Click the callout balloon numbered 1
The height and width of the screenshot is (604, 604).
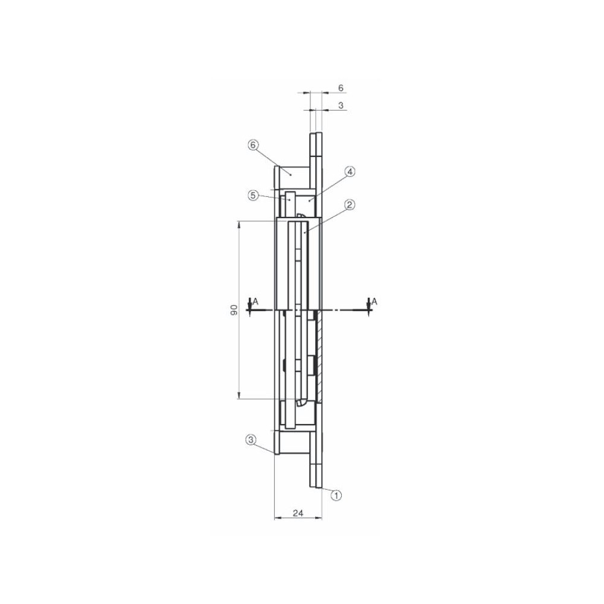coord(336,495)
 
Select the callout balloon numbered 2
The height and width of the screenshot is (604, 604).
coord(349,205)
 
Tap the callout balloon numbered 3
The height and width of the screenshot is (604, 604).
coord(251,440)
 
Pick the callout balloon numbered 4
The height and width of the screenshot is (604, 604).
coord(349,172)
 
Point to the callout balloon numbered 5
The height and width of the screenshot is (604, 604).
coord(252,195)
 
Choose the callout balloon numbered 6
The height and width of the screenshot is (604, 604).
coord(252,145)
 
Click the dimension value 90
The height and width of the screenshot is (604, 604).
coord(234,309)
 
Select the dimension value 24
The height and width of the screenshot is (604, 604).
coord(298,513)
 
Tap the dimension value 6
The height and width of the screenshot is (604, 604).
coord(341,88)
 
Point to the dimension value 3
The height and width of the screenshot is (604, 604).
coord(341,105)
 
